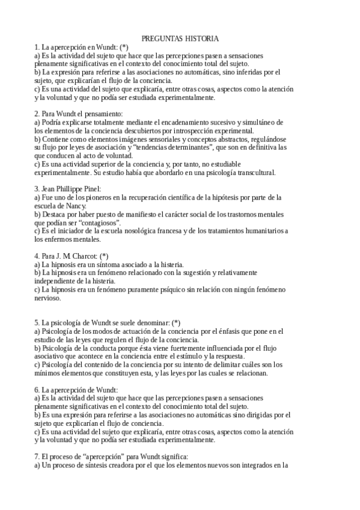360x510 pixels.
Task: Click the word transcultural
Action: (251, 172)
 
